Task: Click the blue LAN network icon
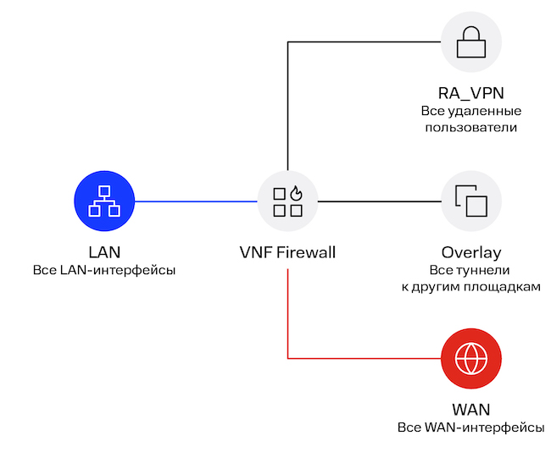coord(105,201)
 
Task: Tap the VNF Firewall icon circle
coord(288,201)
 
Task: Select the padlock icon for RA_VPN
coord(471,41)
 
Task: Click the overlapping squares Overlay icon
coord(471,201)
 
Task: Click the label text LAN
coord(105,252)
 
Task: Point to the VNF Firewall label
coord(288,252)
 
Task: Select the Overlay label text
coord(471,252)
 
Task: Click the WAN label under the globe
coord(471,410)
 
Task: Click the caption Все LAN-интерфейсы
coord(105,270)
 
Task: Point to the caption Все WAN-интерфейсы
coord(471,427)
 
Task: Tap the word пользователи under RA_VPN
coord(471,128)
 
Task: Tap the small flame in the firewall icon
coord(296,193)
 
